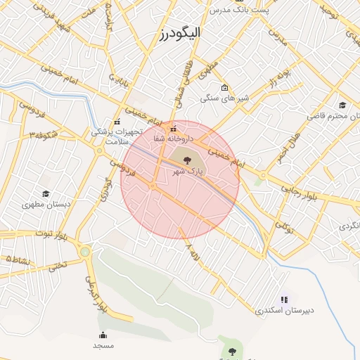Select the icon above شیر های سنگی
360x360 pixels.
pos(224,88)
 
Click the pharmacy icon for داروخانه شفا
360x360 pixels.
pos(173,129)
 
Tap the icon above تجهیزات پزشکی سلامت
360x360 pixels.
pos(117,122)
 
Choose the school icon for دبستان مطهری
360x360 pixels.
pos(46,194)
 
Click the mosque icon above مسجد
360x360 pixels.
pos(103,335)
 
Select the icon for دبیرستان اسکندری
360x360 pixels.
pos(284,300)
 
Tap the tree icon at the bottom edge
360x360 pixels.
pos(231,350)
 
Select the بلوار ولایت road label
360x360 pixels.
pos(96,294)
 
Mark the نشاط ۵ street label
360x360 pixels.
pos(18,260)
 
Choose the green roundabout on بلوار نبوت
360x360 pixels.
pos(85,252)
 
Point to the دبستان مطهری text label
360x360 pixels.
pos(47,205)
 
